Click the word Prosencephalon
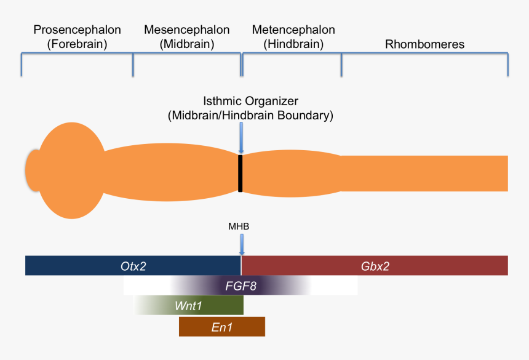coord(78,30)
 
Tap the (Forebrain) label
coord(78,44)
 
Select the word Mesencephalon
coord(186,30)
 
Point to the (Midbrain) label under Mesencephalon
coord(186,44)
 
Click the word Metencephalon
coord(293,30)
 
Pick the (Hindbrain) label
coord(293,44)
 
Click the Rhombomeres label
coord(424,44)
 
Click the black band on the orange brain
coord(241,173)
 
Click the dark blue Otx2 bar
coord(133,265)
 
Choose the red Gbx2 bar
coord(375,265)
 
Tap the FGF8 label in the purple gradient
coord(241,285)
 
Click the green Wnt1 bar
coord(189,305)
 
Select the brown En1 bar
coord(222,327)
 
